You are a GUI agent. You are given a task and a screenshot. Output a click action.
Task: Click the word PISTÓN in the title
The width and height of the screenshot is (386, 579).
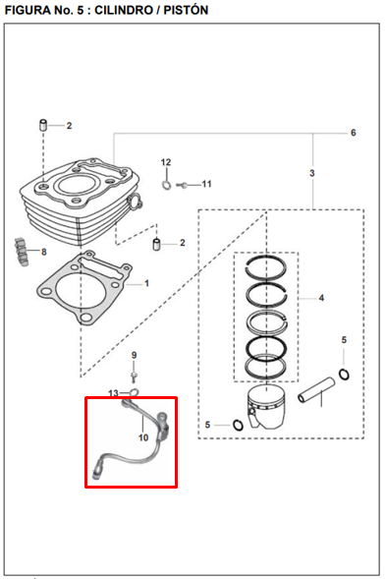tap(186, 10)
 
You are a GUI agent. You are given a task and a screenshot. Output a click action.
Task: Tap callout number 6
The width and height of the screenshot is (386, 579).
tap(354, 133)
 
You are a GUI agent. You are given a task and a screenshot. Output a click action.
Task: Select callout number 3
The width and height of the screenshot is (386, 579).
tap(312, 173)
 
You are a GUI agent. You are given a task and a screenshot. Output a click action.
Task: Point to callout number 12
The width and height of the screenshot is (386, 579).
tap(166, 162)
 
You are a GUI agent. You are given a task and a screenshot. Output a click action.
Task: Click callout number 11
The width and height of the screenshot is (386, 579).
tap(206, 184)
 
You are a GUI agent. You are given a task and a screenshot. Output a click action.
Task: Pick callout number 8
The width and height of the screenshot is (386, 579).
tap(44, 252)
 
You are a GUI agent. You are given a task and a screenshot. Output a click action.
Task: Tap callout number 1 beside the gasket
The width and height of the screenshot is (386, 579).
tap(146, 283)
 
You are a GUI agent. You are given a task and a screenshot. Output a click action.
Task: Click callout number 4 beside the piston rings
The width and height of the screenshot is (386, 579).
tap(321, 298)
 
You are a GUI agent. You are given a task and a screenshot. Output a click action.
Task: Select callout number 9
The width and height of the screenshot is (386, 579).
tap(134, 355)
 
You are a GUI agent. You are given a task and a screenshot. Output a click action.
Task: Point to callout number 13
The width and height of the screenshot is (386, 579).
tap(113, 393)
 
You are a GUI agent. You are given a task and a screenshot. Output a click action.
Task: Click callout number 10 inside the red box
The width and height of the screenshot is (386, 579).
tap(143, 437)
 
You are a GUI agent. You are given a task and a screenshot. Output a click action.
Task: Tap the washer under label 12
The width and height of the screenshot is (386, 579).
tap(166, 185)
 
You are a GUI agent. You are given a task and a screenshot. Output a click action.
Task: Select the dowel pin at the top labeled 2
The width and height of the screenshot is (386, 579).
tap(43, 125)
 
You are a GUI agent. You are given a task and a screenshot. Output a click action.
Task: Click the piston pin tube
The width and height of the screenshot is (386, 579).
tap(316, 389)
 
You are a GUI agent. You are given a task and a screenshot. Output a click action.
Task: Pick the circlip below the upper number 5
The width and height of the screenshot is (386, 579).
tap(344, 375)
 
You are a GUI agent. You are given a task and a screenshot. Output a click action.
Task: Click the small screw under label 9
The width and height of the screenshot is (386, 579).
tap(134, 376)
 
